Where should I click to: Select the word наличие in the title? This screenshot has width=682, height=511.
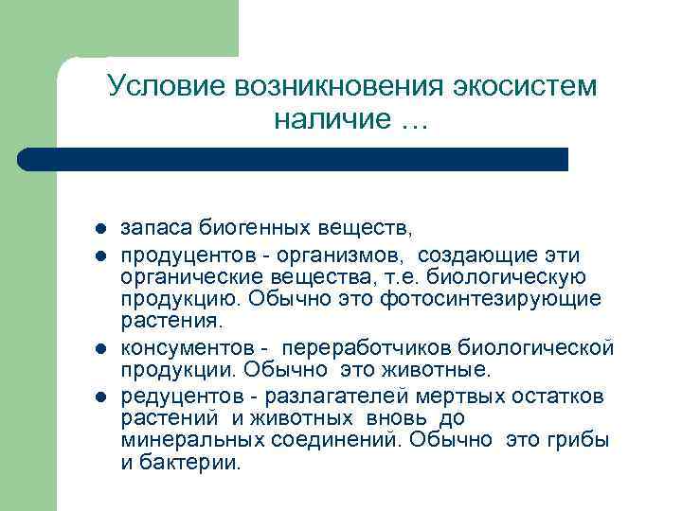tap(330, 120)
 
